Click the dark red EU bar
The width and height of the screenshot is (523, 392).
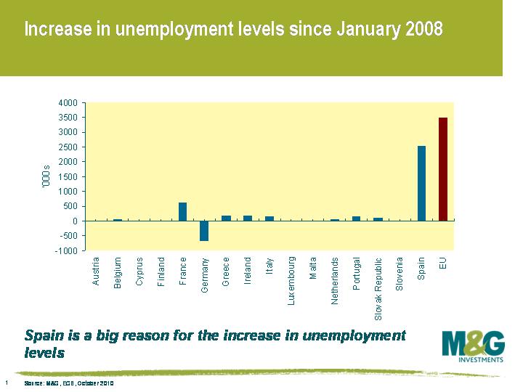[443, 169]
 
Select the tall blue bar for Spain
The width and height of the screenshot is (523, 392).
[421, 183]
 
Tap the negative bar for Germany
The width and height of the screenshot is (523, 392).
[204, 231]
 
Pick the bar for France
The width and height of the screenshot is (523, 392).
[182, 211]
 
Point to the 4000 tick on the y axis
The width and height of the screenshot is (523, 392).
[68, 102]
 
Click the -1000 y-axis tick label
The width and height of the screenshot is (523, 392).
[67, 250]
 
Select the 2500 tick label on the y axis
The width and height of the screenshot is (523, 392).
[68, 147]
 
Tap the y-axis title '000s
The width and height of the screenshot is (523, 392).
[45, 177]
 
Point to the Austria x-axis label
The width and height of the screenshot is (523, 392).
[96, 270]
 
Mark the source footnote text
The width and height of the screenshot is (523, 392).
[69, 383]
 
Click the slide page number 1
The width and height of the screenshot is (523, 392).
[7, 382]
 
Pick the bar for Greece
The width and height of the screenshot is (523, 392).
[226, 218]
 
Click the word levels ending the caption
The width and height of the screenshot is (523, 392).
[45, 353]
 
